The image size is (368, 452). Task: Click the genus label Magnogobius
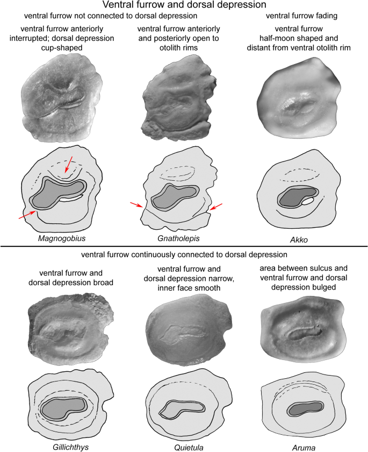62,238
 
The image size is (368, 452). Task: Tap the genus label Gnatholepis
178,238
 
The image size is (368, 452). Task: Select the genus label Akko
299,240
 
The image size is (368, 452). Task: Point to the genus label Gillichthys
70,447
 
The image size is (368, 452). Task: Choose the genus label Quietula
189,447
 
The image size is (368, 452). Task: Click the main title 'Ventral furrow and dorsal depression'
184,5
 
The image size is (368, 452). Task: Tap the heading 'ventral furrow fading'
301,16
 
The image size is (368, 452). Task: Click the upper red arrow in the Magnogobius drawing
68,164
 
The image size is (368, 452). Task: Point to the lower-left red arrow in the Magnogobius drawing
27,215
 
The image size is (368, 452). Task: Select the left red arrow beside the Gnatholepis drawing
136,204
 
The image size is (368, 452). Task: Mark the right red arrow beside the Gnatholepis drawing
216,207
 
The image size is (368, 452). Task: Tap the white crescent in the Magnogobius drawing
70,199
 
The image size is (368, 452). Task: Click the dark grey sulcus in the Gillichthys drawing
63,408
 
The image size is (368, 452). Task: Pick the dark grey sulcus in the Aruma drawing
305,408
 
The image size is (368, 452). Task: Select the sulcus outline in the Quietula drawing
182,409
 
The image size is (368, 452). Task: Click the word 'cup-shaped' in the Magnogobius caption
62,47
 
